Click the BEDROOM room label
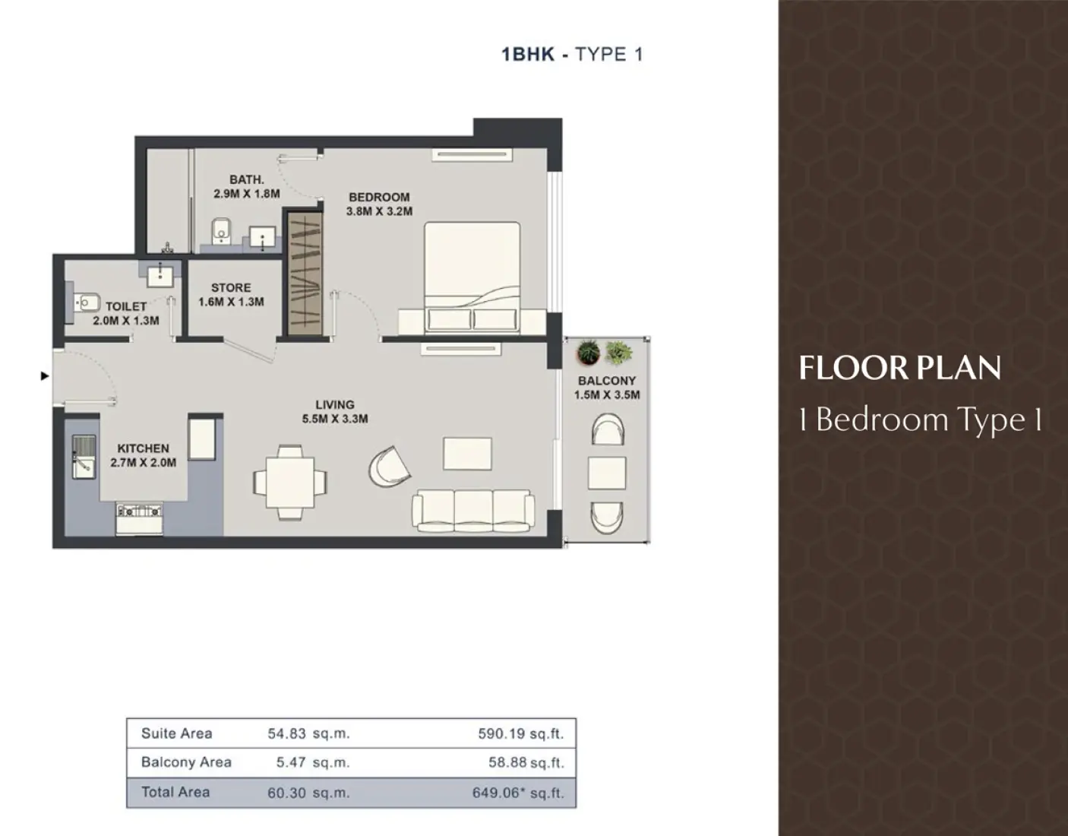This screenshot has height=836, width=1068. (x=379, y=197)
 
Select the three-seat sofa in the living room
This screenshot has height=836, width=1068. (x=472, y=509)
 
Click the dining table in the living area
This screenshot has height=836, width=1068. (x=290, y=482)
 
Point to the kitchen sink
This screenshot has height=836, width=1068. (x=84, y=456)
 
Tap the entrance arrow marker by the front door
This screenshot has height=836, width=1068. (x=45, y=375)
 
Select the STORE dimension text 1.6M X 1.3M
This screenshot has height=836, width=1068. (x=231, y=302)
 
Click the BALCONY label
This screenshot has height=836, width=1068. (x=606, y=380)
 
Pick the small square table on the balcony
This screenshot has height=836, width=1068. (x=607, y=472)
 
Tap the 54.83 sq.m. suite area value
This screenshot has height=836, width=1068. (x=308, y=733)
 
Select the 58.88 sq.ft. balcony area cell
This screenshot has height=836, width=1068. (x=526, y=762)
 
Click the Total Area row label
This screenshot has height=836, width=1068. (x=175, y=792)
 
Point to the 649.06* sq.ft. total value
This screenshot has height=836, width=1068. (x=518, y=793)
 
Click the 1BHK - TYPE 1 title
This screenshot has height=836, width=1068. (x=572, y=54)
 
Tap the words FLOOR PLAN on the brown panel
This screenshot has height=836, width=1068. (x=899, y=368)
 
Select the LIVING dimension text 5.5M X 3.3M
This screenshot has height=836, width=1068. (x=335, y=419)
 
